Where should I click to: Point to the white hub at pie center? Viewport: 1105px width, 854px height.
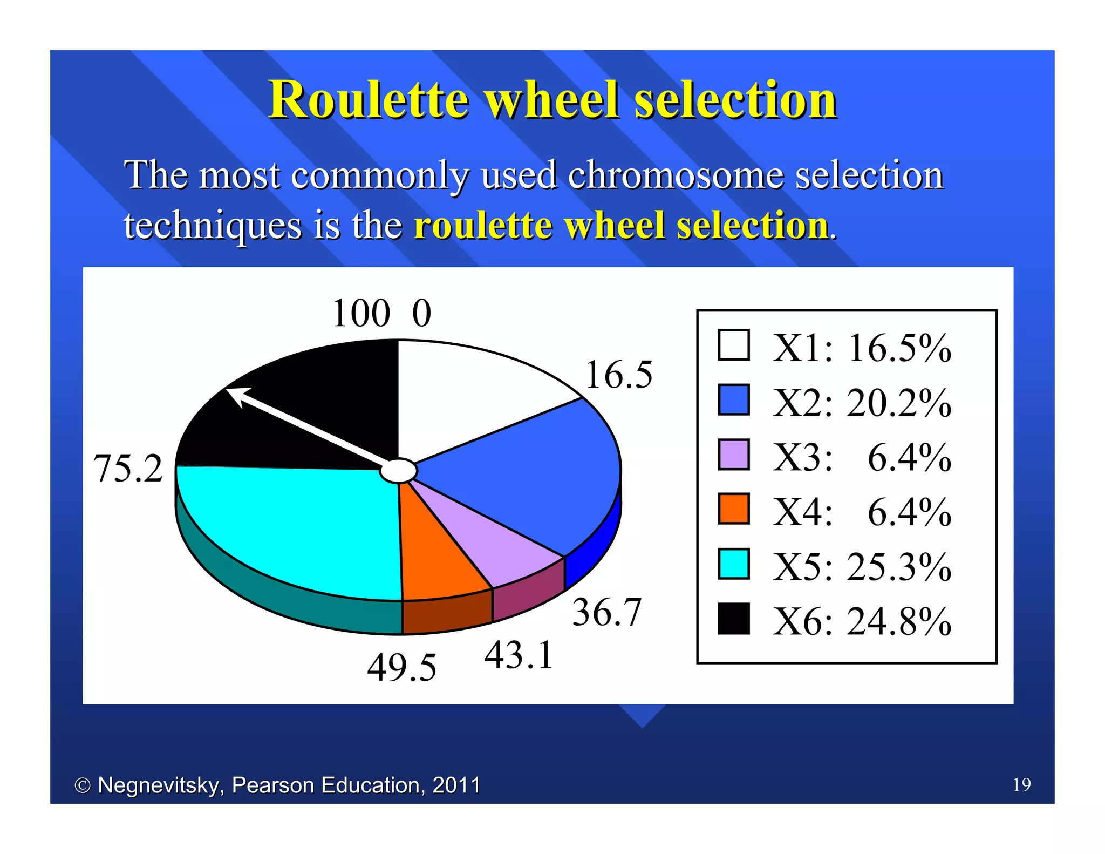398,471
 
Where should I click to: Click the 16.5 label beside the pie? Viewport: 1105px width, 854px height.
618,375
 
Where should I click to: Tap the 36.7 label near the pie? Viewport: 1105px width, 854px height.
606,612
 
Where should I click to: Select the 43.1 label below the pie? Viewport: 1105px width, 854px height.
519,655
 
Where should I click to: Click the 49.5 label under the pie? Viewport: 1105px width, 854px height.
401,668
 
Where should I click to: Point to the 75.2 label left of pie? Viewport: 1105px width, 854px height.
128,468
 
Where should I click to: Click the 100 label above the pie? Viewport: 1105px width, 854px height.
360,313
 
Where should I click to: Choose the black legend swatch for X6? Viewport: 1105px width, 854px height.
734,619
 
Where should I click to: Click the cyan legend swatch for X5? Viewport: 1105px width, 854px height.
734,564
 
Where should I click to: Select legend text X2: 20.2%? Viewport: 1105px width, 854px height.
861,403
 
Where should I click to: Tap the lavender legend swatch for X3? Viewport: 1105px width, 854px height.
734,455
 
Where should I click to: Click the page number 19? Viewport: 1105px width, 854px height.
1021,784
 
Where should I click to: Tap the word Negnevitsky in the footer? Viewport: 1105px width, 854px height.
160,785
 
